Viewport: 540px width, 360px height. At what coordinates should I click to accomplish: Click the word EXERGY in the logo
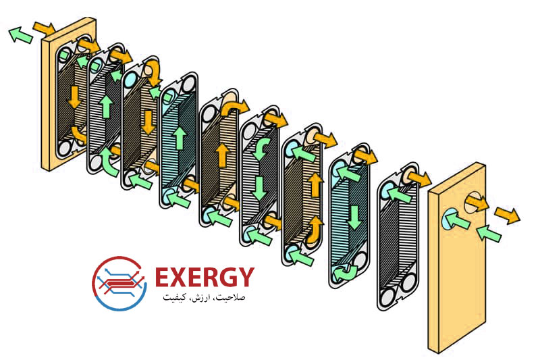pyautogui.click(x=205, y=278)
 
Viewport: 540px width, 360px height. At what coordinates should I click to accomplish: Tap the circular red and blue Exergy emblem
pyautogui.click(x=119, y=283)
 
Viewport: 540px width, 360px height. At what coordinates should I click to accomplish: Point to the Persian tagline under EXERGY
pyautogui.click(x=204, y=297)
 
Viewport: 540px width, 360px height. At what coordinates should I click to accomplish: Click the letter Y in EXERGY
pyautogui.click(x=246, y=278)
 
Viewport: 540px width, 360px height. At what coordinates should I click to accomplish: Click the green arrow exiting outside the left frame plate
pyautogui.click(x=21, y=35)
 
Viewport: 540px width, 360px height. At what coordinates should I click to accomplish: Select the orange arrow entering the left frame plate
pyautogui.click(x=44, y=28)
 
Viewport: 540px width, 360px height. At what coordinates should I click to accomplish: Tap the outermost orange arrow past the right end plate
pyautogui.click(x=508, y=215)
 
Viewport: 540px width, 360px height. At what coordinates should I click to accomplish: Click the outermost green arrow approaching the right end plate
pyautogui.click(x=489, y=232)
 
